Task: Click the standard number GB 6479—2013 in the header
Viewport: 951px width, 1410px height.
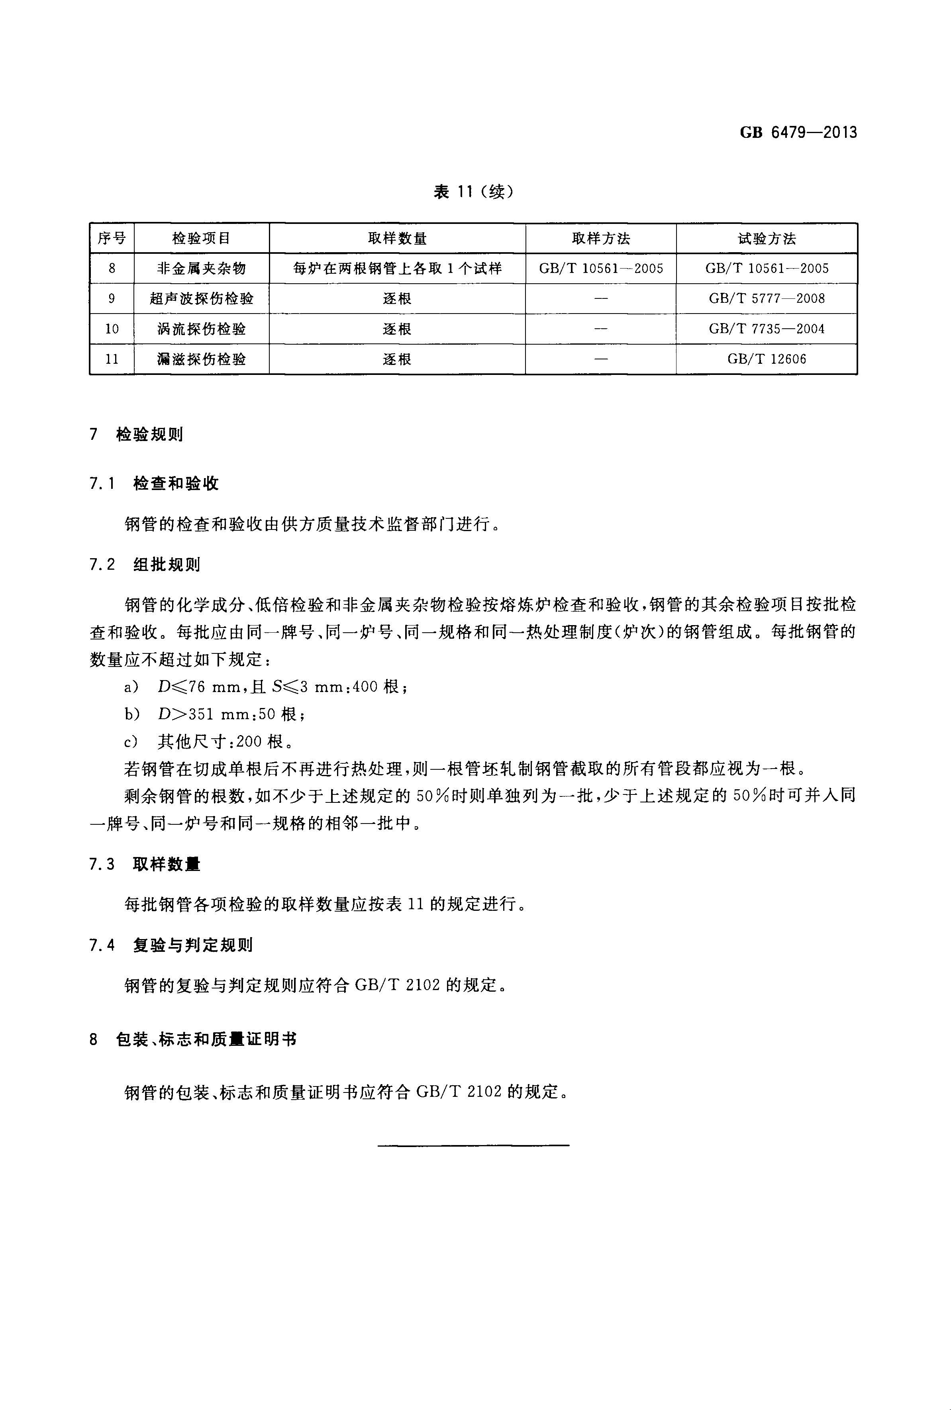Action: [798, 132]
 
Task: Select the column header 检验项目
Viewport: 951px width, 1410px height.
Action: [201, 238]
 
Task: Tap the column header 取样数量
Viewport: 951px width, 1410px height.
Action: [397, 238]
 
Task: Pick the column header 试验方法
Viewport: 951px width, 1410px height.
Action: [767, 238]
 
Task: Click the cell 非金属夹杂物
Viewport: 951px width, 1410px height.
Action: [201, 268]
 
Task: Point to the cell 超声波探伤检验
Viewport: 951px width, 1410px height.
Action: [201, 298]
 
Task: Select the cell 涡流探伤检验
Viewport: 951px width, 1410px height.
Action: [201, 329]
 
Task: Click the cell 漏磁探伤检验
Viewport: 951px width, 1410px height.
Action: [201, 359]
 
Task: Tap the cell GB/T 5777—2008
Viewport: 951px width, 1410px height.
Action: [767, 298]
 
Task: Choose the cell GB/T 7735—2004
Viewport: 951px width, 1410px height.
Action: [767, 329]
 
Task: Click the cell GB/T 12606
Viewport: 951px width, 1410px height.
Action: [767, 359]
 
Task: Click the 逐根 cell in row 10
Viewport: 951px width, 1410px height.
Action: [397, 329]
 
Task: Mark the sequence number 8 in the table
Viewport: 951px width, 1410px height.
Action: [112, 268]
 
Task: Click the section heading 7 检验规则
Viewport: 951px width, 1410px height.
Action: [137, 434]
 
